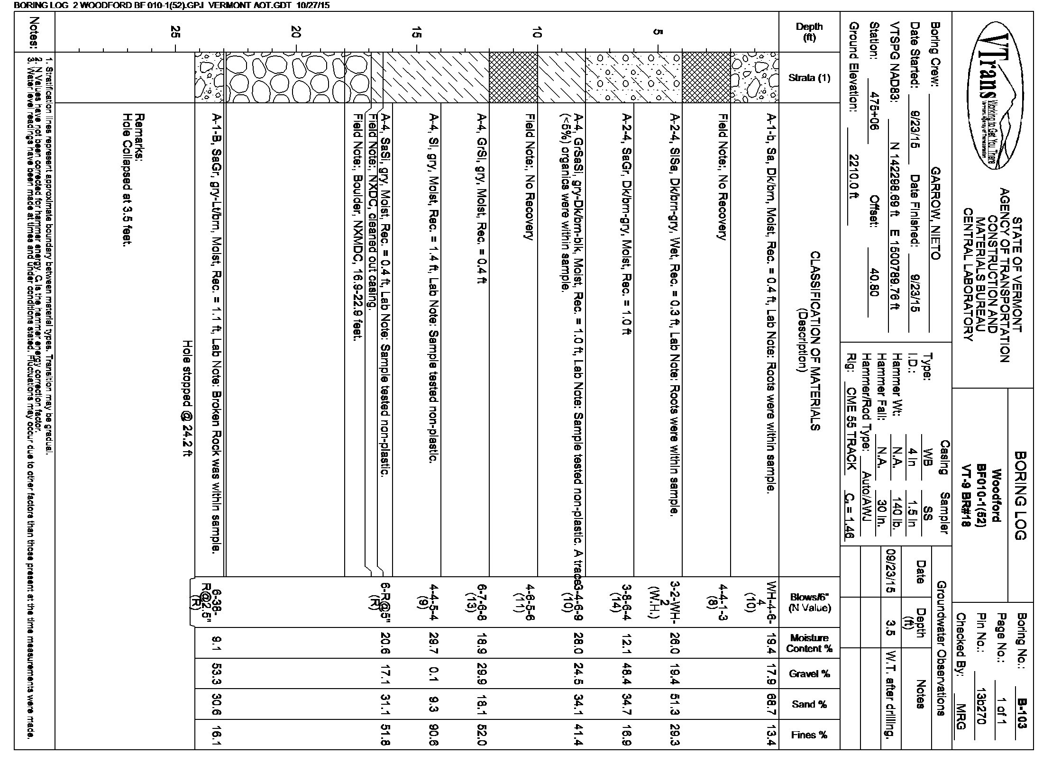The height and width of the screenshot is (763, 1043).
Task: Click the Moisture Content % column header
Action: [809, 643]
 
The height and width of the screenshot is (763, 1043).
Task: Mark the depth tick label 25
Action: [176, 32]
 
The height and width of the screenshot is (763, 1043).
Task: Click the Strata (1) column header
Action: [809, 78]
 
